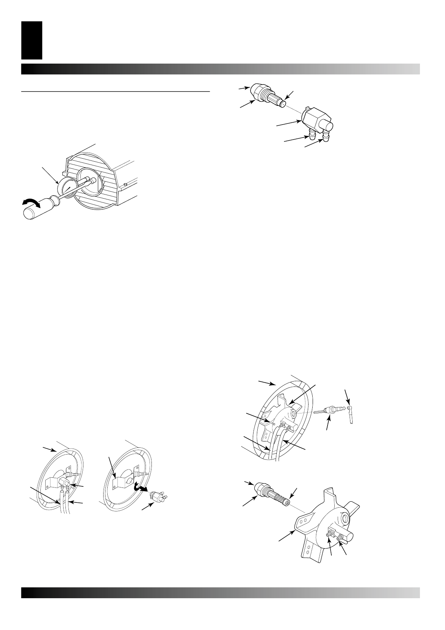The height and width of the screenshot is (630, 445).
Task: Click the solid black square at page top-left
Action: coord(32,40)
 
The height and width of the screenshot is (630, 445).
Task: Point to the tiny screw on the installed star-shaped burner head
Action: coord(274,424)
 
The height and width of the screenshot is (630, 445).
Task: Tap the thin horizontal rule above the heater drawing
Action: coord(116,91)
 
